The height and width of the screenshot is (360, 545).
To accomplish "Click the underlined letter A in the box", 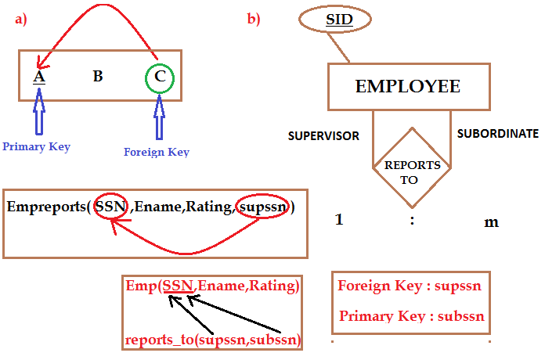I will coord(38,77).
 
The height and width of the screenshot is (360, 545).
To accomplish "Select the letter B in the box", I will coord(98,77).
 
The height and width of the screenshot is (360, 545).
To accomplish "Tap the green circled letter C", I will coord(160,77).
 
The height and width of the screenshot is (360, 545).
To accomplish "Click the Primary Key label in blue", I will coord(36,146).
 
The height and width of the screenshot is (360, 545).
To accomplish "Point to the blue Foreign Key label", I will coord(157,152).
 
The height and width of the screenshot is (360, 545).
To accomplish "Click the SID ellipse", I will coord(339,19).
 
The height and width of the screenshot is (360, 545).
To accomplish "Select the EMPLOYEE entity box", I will coord(408,86).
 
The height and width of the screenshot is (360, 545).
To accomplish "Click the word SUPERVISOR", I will coord(323,135).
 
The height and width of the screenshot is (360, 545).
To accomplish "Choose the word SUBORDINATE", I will coord(498,133).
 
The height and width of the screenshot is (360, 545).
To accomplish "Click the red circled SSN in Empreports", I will coord(110,207).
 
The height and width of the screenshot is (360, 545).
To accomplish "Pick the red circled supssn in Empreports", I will coord(261,207).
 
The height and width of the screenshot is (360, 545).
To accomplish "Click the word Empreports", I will coord(45,207).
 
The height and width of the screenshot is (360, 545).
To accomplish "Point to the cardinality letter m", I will coord(491,222).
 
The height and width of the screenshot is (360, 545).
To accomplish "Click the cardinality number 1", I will coord(339,219).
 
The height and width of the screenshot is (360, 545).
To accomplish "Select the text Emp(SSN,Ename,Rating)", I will coord(211,286).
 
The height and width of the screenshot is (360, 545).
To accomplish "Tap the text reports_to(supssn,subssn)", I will coord(213,340).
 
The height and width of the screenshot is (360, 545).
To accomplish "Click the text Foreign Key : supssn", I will coord(410,286).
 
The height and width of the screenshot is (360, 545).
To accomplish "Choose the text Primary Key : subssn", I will coord(412,317).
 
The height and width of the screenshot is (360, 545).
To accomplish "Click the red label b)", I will coord(254,18).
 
